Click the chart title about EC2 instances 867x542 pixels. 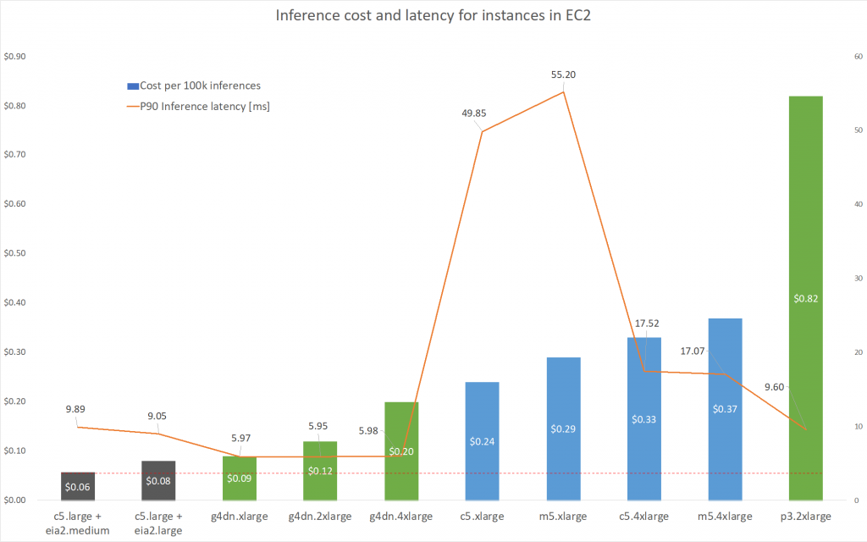coord(433,17)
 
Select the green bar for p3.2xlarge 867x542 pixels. coord(805,212)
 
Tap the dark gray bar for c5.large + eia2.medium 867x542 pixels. coord(78,486)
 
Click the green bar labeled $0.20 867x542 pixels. coord(401,423)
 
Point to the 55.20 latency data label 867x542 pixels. coord(563,75)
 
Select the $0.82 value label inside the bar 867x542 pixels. coord(805,298)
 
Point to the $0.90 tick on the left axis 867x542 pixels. coord(15,57)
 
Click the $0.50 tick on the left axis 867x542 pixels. coord(15,253)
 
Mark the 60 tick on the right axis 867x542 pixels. coord(858,57)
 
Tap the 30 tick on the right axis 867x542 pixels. coord(858,279)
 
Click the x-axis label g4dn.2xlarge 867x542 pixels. coord(320,516)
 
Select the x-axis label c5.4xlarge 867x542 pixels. coord(644,516)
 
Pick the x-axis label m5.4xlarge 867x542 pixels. coord(725,516)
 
